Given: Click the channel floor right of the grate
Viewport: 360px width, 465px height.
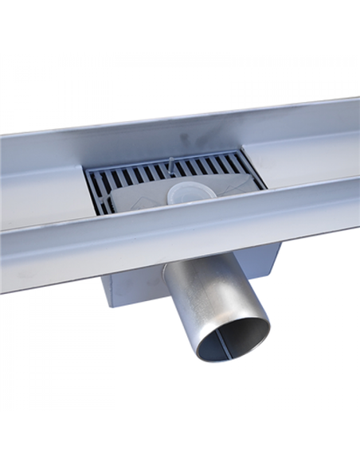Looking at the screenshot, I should tap(311, 167).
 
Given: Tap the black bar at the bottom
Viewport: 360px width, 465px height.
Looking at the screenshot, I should tap(180, 439).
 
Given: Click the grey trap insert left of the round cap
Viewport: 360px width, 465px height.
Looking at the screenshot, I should tap(135, 199).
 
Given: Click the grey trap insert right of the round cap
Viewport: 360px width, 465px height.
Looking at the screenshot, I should tap(227, 190).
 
